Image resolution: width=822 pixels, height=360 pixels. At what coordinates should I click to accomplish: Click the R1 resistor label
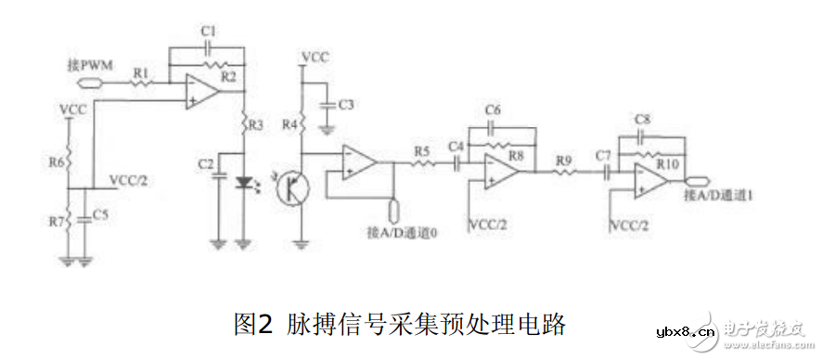click(x=141, y=71)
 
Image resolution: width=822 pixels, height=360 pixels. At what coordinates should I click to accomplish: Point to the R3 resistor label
click(x=257, y=122)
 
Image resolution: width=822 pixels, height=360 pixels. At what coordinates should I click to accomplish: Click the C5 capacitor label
click(x=99, y=216)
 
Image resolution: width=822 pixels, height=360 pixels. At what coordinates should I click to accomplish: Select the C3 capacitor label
click(x=346, y=104)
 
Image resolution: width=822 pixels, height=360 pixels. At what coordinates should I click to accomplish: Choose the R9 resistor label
click(x=563, y=160)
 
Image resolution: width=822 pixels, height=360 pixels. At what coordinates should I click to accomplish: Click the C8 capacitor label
click(x=643, y=120)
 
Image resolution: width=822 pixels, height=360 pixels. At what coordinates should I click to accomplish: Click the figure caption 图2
click(x=250, y=324)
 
